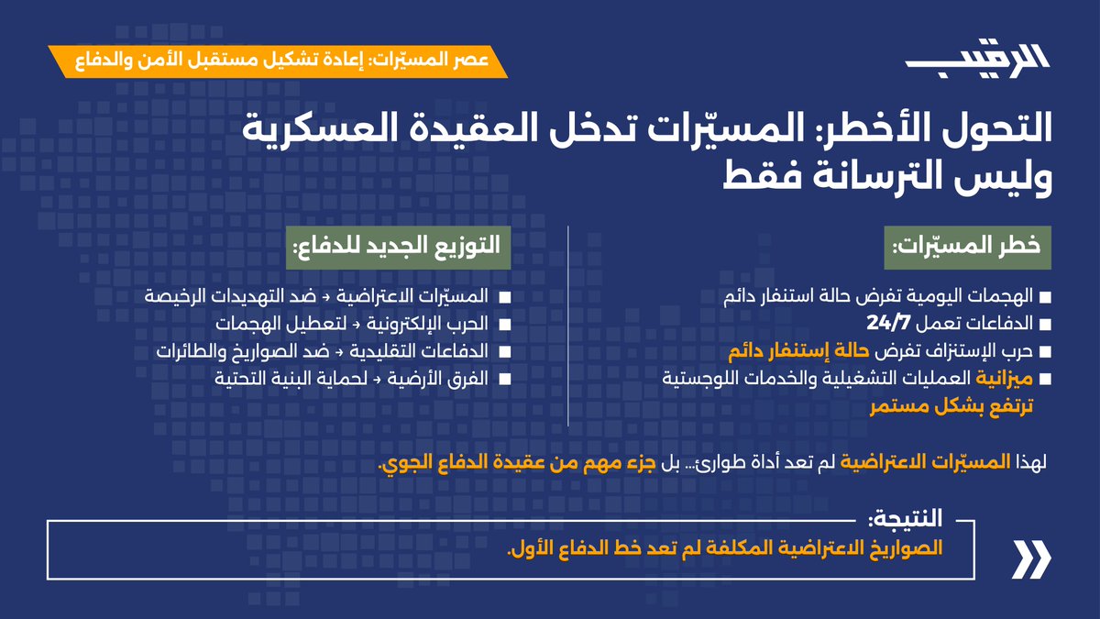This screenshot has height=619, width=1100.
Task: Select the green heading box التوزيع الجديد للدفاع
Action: (x=396, y=246)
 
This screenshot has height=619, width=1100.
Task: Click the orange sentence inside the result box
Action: (x=728, y=550)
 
